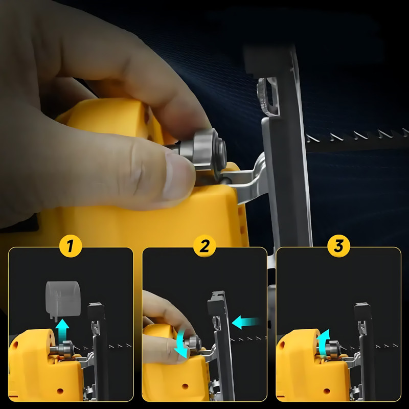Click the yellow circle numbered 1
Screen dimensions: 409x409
(x=71, y=246)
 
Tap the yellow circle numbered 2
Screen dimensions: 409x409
(x=205, y=246)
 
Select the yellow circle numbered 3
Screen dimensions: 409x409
(x=338, y=246)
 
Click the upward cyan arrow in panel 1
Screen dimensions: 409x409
(x=62, y=331)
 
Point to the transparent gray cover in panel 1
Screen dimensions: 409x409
(x=63, y=300)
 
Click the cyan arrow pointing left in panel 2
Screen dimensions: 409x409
(x=245, y=323)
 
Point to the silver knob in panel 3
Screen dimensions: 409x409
(x=333, y=349)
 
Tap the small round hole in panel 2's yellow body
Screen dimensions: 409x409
(x=185, y=386)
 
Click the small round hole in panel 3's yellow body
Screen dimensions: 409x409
(x=327, y=391)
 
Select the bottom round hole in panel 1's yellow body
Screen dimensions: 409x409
(x=60, y=391)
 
